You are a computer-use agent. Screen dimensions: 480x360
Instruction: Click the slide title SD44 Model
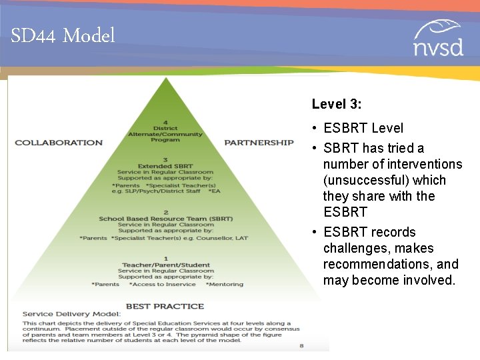(x=63, y=35)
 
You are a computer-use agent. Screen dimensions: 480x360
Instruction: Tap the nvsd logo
(x=437, y=39)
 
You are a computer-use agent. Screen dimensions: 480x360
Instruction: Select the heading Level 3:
(x=337, y=104)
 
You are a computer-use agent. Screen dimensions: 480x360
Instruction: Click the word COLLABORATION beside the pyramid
(x=59, y=142)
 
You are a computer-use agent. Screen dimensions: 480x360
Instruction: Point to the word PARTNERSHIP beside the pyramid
(x=259, y=142)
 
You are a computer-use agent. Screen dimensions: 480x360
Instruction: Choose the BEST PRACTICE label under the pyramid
(x=165, y=306)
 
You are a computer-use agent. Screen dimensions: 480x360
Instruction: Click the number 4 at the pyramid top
(x=165, y=123)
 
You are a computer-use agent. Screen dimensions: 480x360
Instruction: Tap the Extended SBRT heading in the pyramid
(x=165, y=166)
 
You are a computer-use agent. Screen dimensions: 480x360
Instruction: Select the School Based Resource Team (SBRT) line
(x=165, y=219)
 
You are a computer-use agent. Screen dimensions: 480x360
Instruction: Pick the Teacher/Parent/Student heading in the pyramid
(x=166, y=265)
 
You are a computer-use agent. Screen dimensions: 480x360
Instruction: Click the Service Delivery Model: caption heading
(x=71, y=313)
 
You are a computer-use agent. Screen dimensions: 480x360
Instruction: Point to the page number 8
(x=301, y=346)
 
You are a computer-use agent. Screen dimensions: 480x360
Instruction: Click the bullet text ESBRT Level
(x=363, y=128)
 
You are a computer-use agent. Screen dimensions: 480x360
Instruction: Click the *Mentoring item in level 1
(x=225, y=284)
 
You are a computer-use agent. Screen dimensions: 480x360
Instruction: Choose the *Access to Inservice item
(x=163, y=284)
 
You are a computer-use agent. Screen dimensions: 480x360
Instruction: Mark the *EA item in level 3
(x=214, y=191)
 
